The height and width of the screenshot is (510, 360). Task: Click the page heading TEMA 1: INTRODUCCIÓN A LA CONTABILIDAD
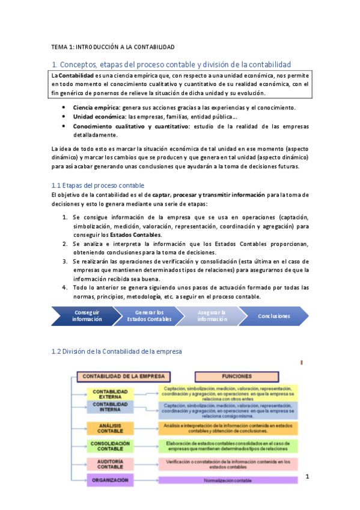click(x=112, y=46)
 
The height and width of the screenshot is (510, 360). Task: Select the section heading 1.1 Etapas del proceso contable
click(x=98, y=185)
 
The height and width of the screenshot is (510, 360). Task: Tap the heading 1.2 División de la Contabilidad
click(x=116, y=351)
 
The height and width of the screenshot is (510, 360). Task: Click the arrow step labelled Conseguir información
click(x=87, y=316)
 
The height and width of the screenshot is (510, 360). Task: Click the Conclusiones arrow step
click(x=273, y=316)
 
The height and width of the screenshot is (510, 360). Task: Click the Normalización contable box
click(x=228, y=481)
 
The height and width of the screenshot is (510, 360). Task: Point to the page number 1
click(x=307, y=477)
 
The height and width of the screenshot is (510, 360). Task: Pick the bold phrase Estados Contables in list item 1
click(x=139, y=234)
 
